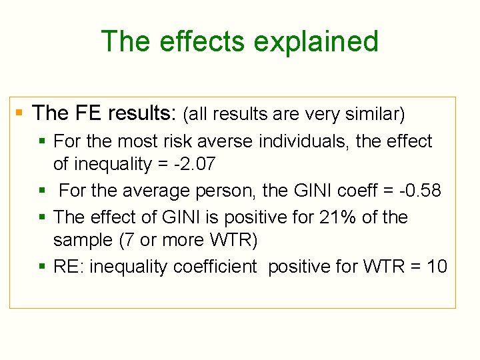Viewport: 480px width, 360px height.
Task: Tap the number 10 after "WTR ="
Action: (437, 267)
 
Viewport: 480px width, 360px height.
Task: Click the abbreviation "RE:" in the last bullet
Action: (69, 267)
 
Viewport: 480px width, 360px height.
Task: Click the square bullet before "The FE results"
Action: (19, 113)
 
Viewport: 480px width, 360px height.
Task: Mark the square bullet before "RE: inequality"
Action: (43, 267)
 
